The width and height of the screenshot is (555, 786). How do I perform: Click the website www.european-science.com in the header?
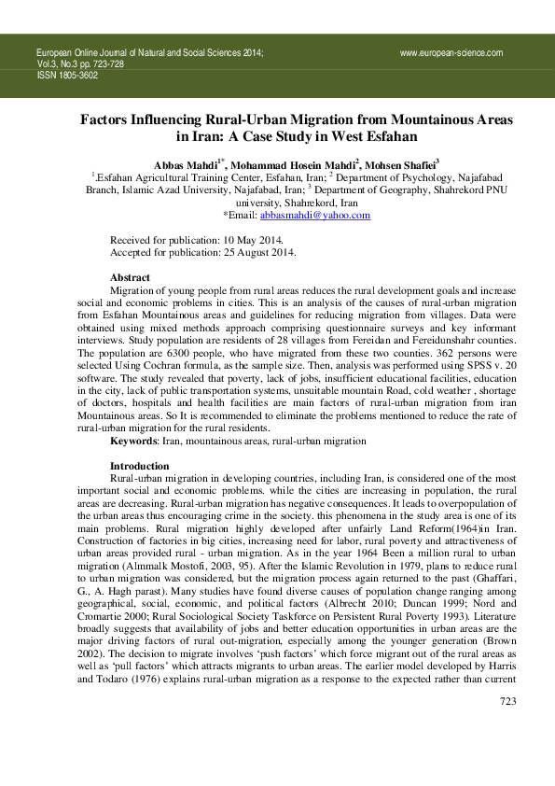click(x=451, y=53)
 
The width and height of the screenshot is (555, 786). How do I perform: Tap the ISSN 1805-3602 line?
click(x=67, y=76)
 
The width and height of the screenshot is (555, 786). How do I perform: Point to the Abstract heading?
click(x=130, y=278)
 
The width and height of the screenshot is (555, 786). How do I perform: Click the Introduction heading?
click(x=139, y=466)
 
